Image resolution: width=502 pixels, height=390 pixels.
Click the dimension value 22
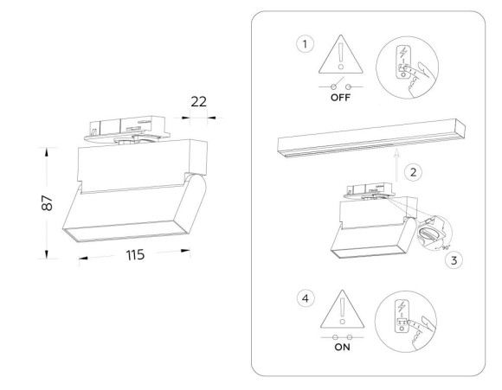click(199, 102)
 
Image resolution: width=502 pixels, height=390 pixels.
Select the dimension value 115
click(132, 256)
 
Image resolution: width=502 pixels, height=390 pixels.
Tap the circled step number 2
click(414, 172)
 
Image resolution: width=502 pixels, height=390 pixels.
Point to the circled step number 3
click(447, 258)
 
